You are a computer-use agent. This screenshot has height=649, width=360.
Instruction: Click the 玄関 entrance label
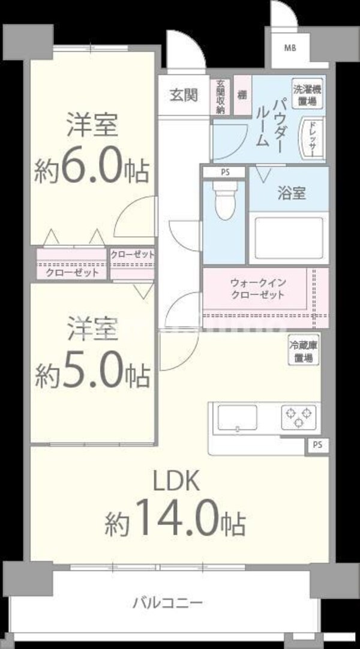tap(184, 95)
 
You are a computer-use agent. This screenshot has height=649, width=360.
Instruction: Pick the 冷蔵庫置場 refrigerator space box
tap(304, 350)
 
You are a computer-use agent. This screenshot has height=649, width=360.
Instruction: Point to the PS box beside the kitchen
tap(316, 446)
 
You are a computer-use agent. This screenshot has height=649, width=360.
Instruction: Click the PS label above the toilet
tap(224, 173)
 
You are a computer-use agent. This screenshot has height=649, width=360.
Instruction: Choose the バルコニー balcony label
tap(167, 602)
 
